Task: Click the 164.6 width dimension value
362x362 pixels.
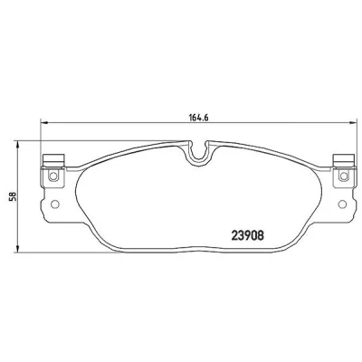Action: pyautogui.click(x=199, y=118)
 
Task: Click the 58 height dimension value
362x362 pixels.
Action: pyautogui.click(x=13, y=196)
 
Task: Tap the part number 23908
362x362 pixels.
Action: pyautogui.click(x=248, y=235)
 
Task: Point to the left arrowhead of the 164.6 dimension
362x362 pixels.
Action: pyautogui.click(x=44, y=122)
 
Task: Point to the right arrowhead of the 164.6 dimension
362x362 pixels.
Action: pyautogui.click(x=353, y=122)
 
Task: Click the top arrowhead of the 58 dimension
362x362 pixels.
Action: pyautogui.click(x=18, y=144)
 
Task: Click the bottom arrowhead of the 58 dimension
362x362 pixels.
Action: pyautogui.click(x=18, y=249)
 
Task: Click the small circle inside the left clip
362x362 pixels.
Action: pyautogui.click(x=53, y=176)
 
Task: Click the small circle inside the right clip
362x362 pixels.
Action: pyautogui.click(x=343, y=176)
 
